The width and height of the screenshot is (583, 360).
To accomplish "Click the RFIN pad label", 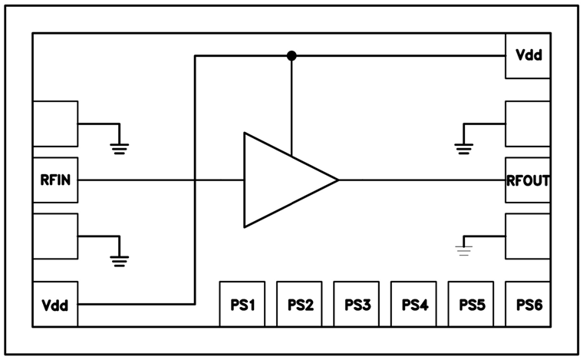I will point(55,181).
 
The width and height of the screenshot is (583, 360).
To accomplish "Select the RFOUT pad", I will point(528,181).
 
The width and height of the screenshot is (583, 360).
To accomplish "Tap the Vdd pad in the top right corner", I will point(528,56).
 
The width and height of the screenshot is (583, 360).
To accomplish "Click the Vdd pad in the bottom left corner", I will point(55,305).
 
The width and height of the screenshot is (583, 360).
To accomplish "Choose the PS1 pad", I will point(242,304).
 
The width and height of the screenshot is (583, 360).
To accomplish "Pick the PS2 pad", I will point(300,304).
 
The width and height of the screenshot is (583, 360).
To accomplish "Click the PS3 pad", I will point(357,304).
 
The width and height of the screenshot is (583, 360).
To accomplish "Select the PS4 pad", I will point(413,304).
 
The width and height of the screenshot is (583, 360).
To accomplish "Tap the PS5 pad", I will point(471,304).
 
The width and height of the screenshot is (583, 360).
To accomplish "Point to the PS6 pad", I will point(528,304).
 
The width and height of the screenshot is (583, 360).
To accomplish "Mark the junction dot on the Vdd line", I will point(291,56).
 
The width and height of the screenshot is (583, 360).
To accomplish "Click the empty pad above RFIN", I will point(55,124).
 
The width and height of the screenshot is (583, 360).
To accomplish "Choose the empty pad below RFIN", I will point(55,236).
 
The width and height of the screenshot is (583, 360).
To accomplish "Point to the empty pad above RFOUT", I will point(528,124).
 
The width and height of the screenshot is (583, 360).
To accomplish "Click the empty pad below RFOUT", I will point(528,236).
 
